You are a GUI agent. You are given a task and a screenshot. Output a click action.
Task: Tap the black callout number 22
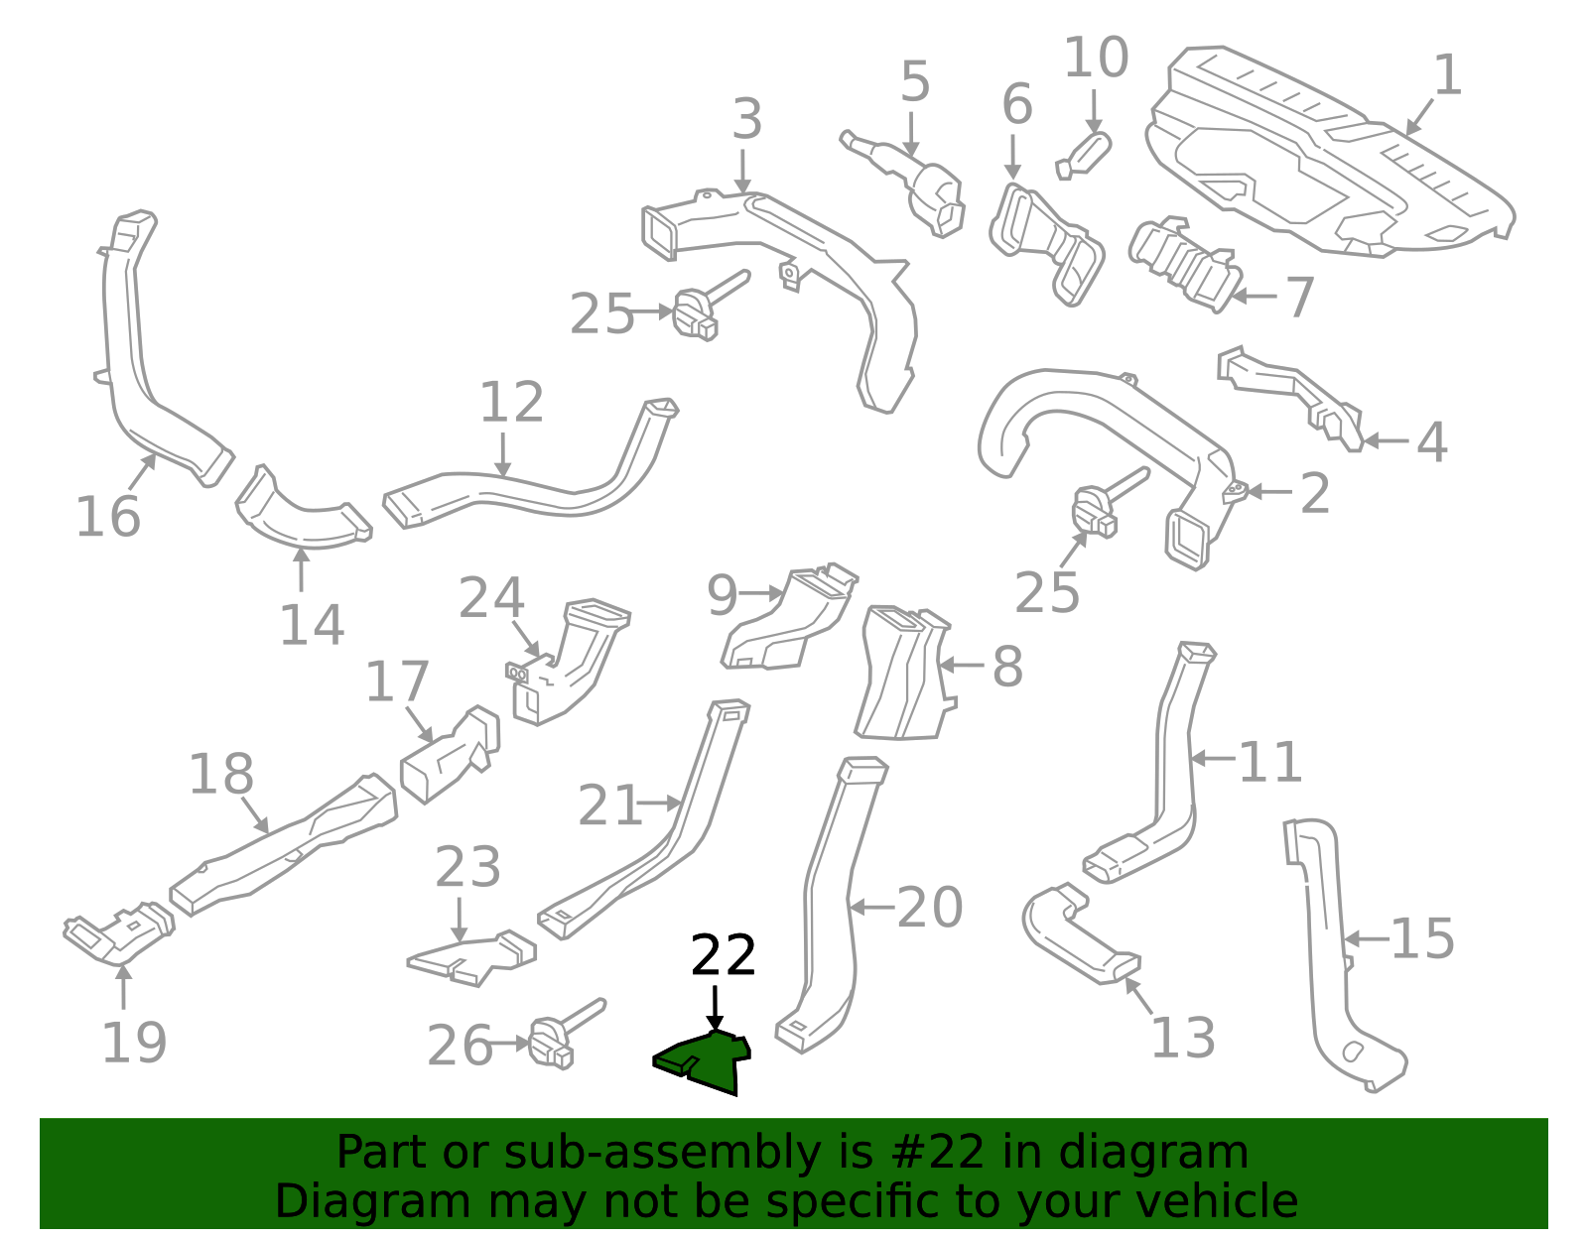(x=723, y=955)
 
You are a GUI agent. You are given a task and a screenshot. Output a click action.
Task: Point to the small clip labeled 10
(x=1084, y=156)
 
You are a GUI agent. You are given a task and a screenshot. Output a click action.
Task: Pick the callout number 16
(x=108, y=516)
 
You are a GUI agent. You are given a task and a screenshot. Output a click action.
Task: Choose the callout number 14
(x=312, y=625)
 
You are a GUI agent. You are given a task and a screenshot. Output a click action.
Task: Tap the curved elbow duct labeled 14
(x=303, y=511)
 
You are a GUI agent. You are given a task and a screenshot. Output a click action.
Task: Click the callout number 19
(x=134, y=1043)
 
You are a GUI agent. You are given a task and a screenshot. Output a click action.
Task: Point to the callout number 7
(x=1299, y=298)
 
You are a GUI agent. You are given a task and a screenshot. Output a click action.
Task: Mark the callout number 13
(x=1183, y=1038)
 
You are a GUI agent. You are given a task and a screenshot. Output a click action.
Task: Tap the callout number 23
(x=467, y=867)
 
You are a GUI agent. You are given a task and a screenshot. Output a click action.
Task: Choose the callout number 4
(x=1431, y=441)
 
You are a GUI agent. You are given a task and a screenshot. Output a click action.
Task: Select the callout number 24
(x=491, y=597)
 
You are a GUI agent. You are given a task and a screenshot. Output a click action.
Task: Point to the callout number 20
(x=930, y=908)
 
